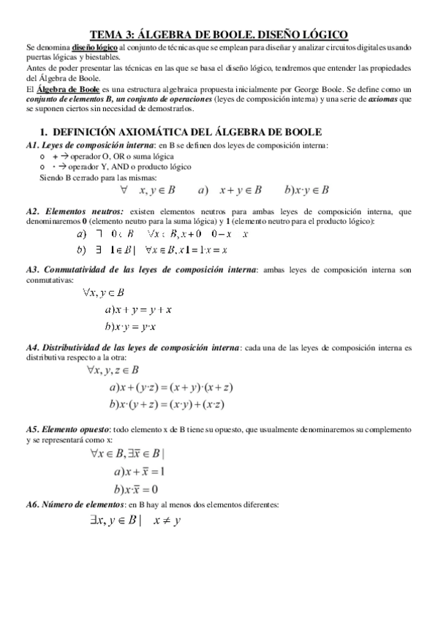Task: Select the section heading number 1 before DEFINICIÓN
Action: pos(43,132)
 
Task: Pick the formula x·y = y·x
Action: pos(136,326)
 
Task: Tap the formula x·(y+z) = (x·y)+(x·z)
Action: pos(171,404)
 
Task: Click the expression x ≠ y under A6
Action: pos(167,521)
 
